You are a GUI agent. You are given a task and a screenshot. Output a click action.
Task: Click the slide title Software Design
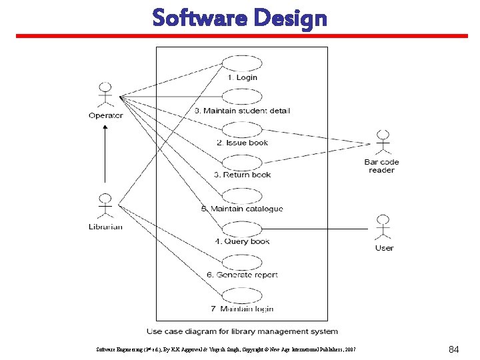pyautogui.click(x=239, y=18)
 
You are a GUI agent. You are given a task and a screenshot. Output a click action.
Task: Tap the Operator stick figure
pyautogui.click(x=105, y=95)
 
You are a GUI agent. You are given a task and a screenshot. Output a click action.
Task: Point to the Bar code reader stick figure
pyautogui.click(x=382, y=143)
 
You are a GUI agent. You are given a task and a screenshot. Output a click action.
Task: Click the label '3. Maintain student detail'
pyautogui.click(x=243, y=111)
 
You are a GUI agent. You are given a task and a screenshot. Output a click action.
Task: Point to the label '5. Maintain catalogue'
pyautogui.click(x=242, y=209)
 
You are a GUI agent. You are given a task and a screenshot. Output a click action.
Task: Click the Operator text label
pyautogui.click(x=106, y=115)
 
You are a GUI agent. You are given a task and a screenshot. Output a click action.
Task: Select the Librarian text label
pyautogui.click(x=105, y=227)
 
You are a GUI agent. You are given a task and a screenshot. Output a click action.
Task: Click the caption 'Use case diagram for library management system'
pyautogui.click(x=242, y=331)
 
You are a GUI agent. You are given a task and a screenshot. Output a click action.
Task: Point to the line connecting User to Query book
pyautogui.click(x=313, y=229)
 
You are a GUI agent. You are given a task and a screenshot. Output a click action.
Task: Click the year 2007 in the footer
pyautogui.click(x=350, y=349)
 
